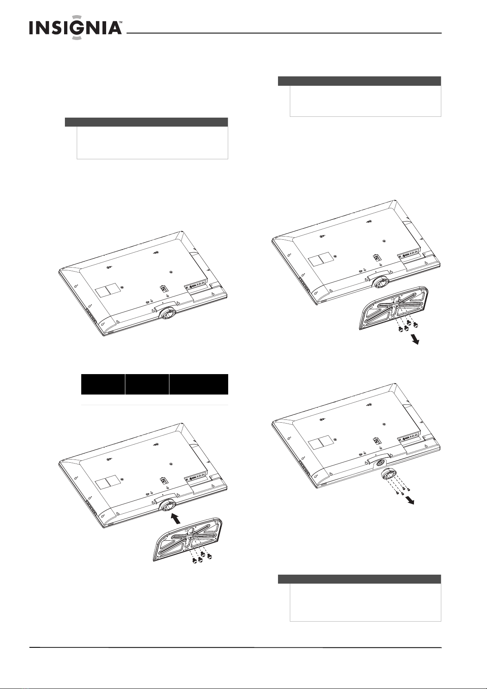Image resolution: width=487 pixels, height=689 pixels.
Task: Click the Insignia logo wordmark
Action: click(76, 28)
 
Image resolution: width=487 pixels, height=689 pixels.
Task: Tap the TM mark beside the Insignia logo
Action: click(121, 22)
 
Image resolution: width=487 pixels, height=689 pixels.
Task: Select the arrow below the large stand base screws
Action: click(415, 339)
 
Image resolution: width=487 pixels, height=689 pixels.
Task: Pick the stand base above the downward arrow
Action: click(393, 308)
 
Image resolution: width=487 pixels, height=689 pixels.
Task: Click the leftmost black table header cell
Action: click(103, 384)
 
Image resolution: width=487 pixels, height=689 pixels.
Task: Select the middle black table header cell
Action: click(147, 384)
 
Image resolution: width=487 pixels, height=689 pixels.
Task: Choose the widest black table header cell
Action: click(199, 384)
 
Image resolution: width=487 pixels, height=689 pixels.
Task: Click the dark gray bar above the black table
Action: click(147, 122)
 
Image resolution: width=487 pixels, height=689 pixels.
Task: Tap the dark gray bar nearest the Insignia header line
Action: click(359, 81)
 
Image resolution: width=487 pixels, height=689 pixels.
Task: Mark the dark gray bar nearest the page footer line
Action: click(359, 579)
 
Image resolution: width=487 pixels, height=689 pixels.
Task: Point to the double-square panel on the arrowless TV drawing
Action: click(106, 290)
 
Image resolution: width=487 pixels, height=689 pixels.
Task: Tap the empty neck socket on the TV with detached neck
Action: click(379, 464)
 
